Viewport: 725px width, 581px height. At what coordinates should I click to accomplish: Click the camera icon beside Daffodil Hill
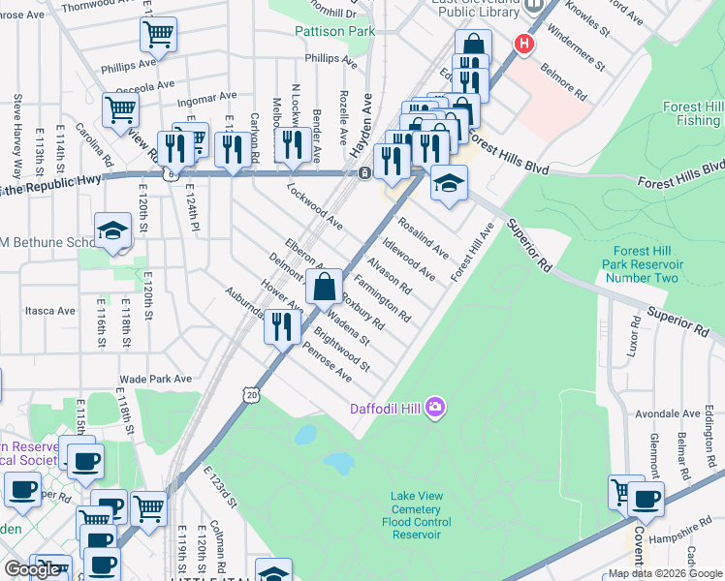coord(436,408)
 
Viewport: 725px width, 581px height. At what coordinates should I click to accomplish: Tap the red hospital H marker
coord(524,44)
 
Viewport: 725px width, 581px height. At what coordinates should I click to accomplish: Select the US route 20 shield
coord(252,395)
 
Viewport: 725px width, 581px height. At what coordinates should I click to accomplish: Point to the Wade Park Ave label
coord(150,380)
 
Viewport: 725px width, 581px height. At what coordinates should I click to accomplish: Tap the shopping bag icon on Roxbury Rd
coord(325,287)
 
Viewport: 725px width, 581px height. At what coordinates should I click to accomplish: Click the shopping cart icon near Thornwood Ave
coord(158,35)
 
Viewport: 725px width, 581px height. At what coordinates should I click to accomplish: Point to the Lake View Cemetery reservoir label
coord(416,515)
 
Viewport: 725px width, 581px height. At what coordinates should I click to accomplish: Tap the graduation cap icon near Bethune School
coord(112,230)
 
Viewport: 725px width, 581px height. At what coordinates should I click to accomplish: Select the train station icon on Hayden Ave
coord(362,172)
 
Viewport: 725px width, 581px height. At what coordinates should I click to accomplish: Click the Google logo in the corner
coord(32,569)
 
